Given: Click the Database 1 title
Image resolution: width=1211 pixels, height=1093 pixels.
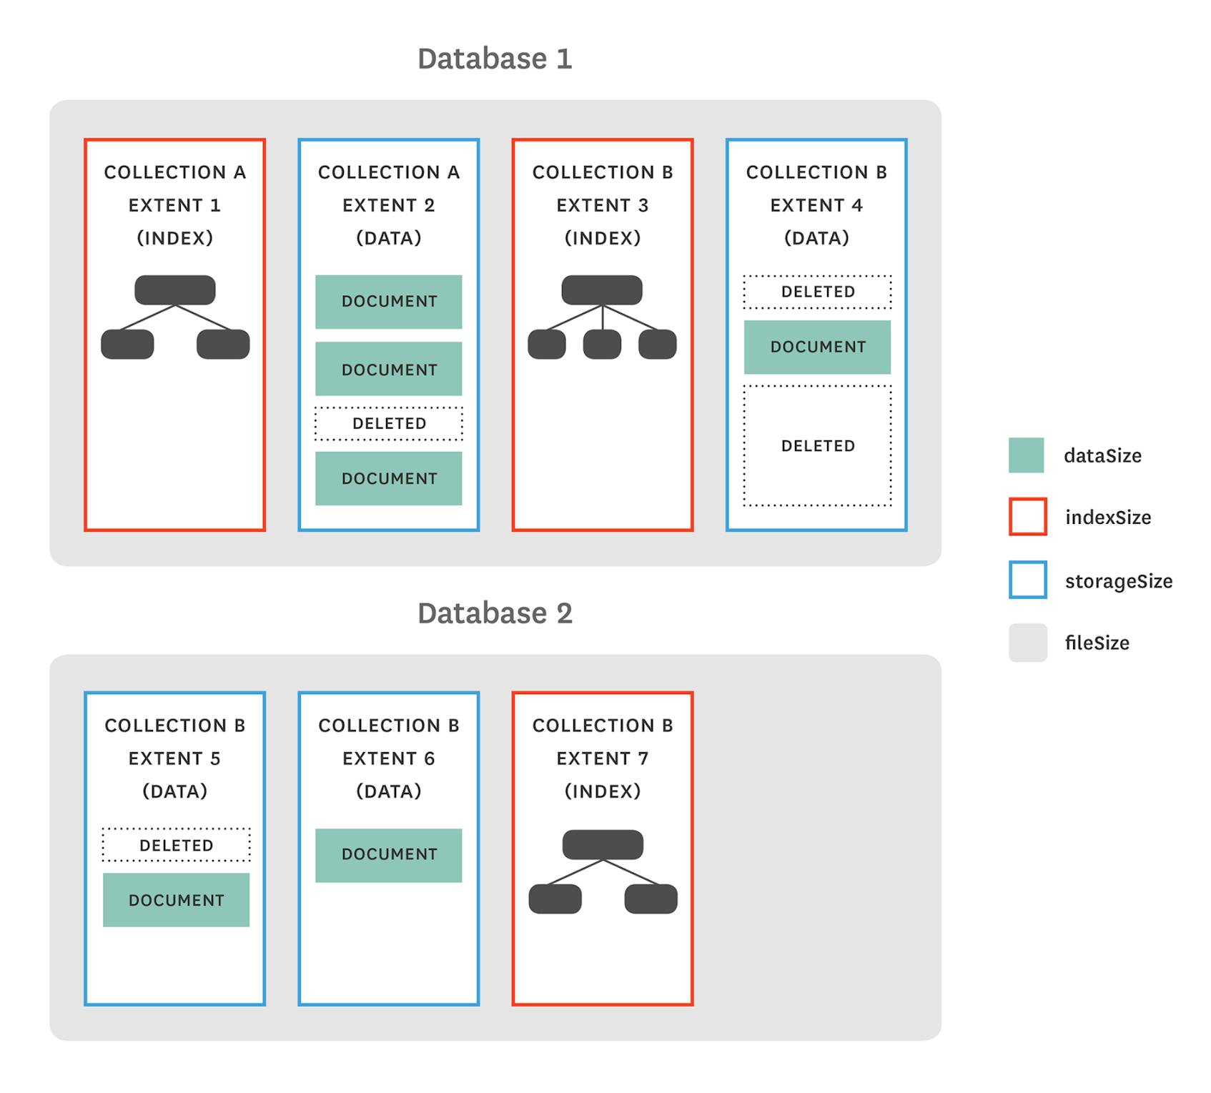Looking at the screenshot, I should point(495,59).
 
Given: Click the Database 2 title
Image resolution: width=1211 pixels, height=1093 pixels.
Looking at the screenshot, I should point(495,613).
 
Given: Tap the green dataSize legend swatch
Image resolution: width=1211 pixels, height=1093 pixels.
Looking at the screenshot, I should point(1026,455).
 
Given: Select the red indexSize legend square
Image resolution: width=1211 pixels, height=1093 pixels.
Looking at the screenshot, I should point(1027,517).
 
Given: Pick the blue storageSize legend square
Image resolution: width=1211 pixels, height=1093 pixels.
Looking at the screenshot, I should point(1027,580).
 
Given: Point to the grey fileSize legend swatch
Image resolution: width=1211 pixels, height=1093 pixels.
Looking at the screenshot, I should point(1027,643).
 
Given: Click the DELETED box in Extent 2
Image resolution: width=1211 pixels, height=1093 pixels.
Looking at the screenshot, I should point(389,424).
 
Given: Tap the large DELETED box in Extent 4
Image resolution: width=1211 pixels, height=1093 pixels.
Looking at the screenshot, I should point(817,446).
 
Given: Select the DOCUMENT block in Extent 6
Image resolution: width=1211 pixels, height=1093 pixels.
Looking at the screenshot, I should point(389,855).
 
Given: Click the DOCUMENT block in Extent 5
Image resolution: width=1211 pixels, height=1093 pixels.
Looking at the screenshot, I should point(176,900).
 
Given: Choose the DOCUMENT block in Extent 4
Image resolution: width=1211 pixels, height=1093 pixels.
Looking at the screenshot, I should point(817,347).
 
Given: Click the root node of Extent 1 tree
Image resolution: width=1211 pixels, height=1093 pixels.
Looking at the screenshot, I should point(175,290).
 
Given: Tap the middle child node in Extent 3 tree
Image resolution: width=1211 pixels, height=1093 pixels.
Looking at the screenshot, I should point(602,345).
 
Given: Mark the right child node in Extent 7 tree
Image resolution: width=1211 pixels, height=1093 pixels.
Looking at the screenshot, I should point(651,899).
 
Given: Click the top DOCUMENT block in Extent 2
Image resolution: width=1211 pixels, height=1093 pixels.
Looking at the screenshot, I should point(389,302).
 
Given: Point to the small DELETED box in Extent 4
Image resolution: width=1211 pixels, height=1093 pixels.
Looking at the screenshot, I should point(817,292).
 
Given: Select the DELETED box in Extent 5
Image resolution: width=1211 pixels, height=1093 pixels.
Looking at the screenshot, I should point(176,845).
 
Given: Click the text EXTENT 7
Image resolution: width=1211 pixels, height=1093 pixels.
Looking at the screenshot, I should point(602,758).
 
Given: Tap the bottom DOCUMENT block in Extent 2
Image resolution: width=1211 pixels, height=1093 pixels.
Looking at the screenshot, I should point(389,478).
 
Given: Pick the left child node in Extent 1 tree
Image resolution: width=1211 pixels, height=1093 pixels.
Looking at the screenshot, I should point(127,345).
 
